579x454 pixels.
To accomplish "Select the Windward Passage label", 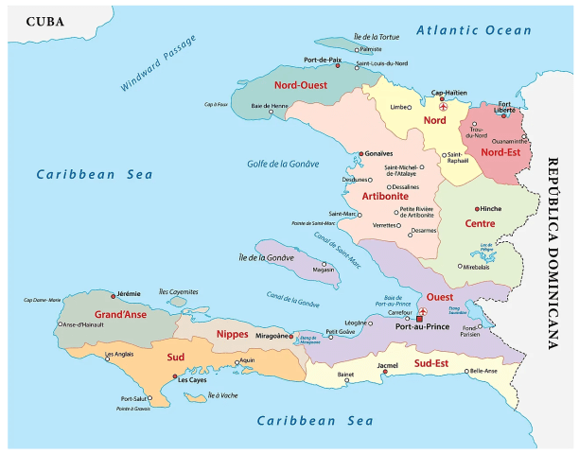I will (159, 63).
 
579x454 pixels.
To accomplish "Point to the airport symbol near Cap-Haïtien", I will (444, 107).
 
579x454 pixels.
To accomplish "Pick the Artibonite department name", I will (385, 196).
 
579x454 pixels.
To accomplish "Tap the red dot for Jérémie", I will (114, 295).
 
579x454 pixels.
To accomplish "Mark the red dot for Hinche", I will (476, 208).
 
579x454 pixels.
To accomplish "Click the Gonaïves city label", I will (377, 153).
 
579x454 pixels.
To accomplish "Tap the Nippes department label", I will (233, 334).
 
